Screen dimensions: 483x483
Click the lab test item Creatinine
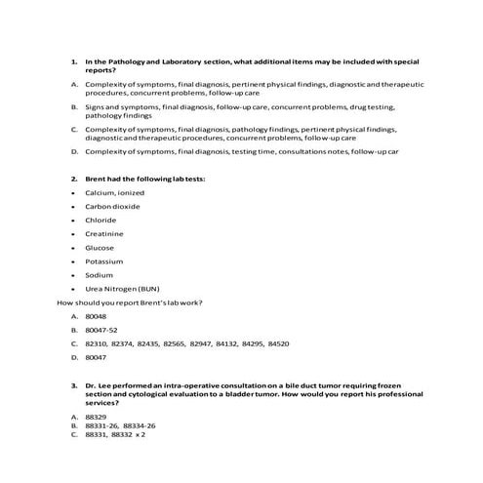103,234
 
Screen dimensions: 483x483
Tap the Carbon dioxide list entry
113,207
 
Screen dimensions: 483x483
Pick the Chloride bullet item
101,221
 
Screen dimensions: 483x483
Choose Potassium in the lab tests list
104,262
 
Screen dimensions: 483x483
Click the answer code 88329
96,417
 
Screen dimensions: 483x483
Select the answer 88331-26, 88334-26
121,425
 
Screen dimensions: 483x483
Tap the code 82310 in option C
97,344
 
